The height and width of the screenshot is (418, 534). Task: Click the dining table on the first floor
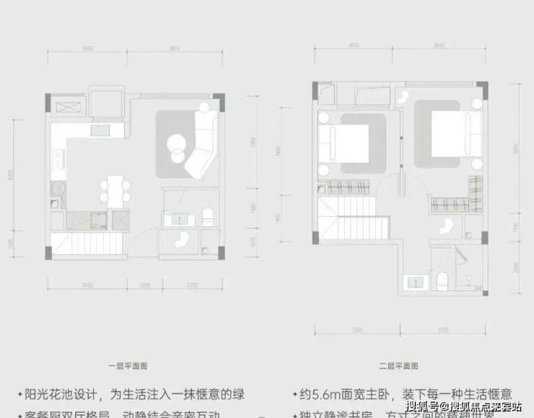(115, 189)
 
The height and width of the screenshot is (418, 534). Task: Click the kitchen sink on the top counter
(100, 130)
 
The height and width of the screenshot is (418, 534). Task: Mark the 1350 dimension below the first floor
(144, 285)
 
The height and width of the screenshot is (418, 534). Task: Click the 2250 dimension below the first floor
(191, 285)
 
